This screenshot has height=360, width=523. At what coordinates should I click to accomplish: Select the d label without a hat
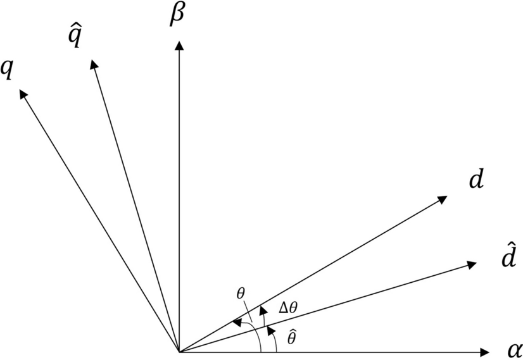click(476, 180)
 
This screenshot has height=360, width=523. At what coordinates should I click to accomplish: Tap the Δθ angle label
click(287, 308)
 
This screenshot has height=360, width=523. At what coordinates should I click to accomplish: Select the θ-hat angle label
click(291, 337)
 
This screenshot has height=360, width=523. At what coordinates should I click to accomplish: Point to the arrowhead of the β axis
click(180, 46)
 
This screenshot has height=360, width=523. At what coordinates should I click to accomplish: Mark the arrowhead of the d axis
click(443, 199)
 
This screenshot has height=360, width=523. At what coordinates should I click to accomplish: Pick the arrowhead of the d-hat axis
click(471, 264)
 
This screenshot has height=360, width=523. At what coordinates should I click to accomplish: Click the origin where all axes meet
click(180, 351)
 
